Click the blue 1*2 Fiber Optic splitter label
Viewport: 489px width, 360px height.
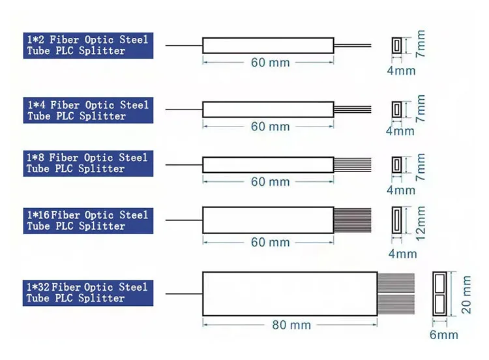87,45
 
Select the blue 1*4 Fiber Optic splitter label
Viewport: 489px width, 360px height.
87,110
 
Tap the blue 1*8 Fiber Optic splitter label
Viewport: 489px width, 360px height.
87,163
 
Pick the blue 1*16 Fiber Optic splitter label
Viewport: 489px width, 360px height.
87,220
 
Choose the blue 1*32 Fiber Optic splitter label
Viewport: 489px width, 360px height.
87,293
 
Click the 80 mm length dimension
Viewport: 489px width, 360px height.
291,325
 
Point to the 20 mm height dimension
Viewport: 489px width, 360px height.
466,295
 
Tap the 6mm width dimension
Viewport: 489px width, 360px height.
443,335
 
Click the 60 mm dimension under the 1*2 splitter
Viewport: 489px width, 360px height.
270,63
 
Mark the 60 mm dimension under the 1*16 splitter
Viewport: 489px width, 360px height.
270,243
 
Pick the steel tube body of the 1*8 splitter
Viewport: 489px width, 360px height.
268,164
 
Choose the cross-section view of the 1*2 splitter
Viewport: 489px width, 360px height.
396,46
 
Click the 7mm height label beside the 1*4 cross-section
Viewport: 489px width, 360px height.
421,109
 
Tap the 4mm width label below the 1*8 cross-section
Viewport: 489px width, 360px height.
400,190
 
